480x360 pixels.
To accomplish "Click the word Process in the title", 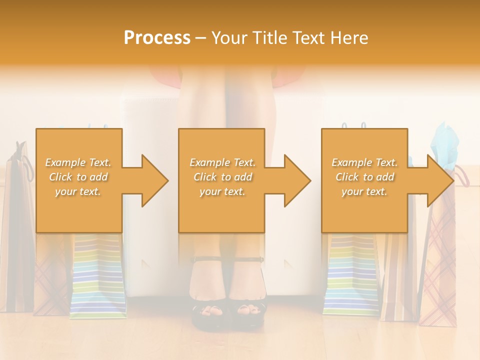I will [x=157, y=38].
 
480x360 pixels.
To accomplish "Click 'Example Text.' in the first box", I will [x=78, y=162].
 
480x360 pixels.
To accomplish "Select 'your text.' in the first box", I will [x=78, y=191].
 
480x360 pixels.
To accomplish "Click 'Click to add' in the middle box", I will [x=222, y=177].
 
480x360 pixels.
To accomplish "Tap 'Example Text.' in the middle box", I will [x=222, y=162].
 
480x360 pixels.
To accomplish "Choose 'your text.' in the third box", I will [x=364, y=191].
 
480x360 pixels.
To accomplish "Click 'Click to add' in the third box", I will [x=364, y=177].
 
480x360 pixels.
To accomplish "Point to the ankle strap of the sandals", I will [x=228, y=259].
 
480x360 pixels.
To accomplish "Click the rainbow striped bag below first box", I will [x=97, y=280].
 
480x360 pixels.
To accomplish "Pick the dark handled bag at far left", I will [x=17, y=225].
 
